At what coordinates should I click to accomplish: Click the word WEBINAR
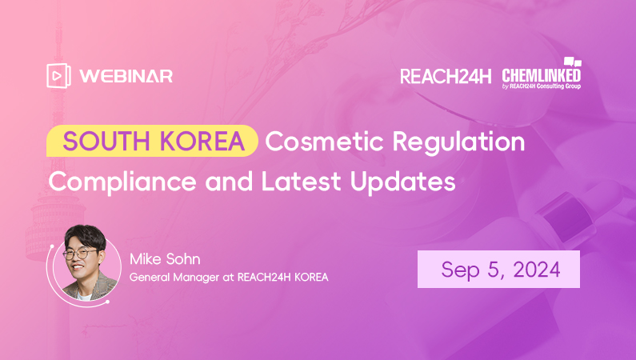(x=126, y=76)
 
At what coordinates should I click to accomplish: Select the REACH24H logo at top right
(x=446, y=76)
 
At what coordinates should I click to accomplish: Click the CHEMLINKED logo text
(x=541, y=75)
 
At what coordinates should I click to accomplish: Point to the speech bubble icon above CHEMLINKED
(x=572, y=62)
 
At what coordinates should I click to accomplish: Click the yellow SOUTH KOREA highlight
(x=153, y=142)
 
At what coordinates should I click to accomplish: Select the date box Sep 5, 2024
(x=498, y=269)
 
